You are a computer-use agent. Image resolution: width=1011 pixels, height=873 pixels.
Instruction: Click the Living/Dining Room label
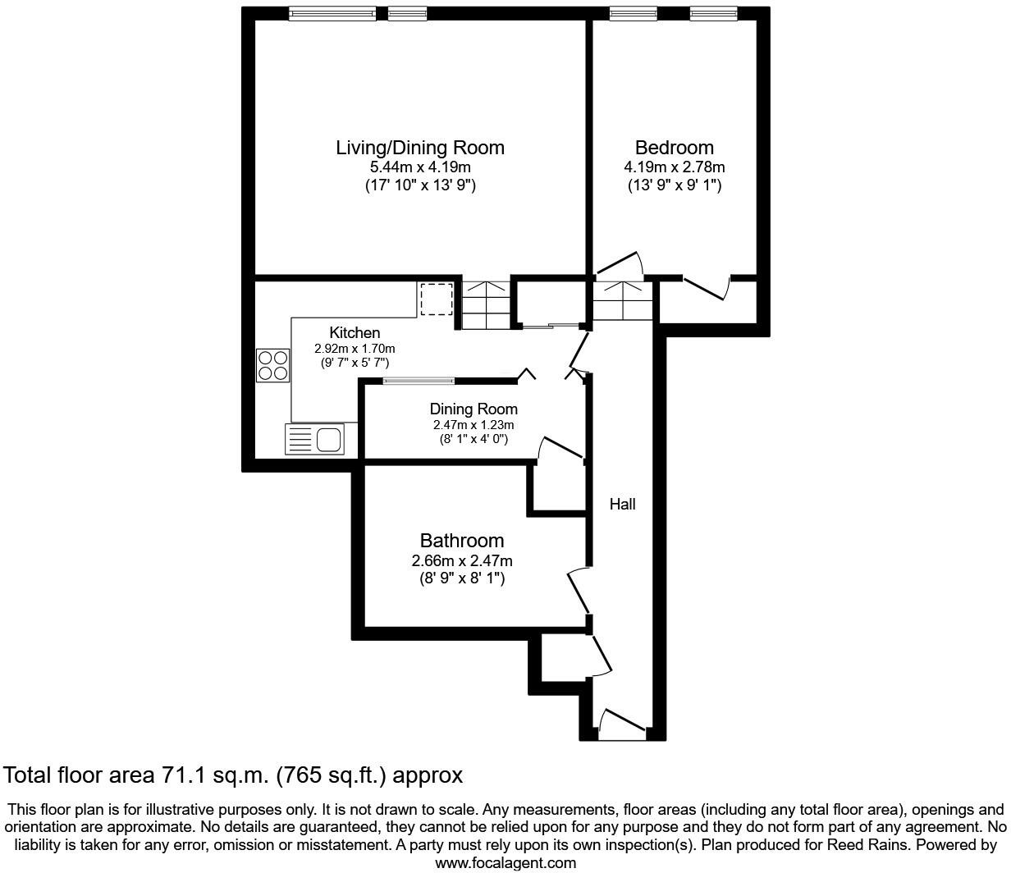(x=419, y=148)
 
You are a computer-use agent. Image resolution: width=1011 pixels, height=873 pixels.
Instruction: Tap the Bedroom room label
(x=674, y=148)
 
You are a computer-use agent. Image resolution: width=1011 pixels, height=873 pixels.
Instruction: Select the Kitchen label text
(x=355, y=332)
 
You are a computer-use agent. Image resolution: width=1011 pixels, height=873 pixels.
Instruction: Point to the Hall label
(x=622, y=505)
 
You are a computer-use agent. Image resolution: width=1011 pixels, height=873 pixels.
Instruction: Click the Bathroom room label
(x=461, y=541)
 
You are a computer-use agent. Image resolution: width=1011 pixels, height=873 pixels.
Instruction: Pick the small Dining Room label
(x=473, y=409)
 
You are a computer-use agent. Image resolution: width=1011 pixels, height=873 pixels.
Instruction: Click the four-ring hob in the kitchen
(x=273, y=365)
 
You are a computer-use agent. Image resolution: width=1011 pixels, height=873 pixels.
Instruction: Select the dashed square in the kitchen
(x=436, y=299)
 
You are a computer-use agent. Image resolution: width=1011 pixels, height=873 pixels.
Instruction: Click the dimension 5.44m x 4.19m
(x=419, y=168)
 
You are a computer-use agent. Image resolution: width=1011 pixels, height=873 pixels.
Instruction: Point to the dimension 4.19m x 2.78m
(x=674, y=168)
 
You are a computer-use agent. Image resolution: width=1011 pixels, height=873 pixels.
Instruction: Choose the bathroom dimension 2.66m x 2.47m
(x=461, y=561)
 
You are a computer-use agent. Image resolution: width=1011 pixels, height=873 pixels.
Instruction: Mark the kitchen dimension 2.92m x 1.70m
(x=355, y=348)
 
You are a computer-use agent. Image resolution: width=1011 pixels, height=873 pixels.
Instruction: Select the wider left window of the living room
(x=332, y=13)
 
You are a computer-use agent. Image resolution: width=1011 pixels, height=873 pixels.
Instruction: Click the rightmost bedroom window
(x=713, y=13)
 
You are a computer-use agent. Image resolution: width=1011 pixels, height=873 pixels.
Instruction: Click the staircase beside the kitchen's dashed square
(x=485, y=304)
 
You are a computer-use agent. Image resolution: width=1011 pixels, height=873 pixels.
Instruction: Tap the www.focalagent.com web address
(x=505, y=863)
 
